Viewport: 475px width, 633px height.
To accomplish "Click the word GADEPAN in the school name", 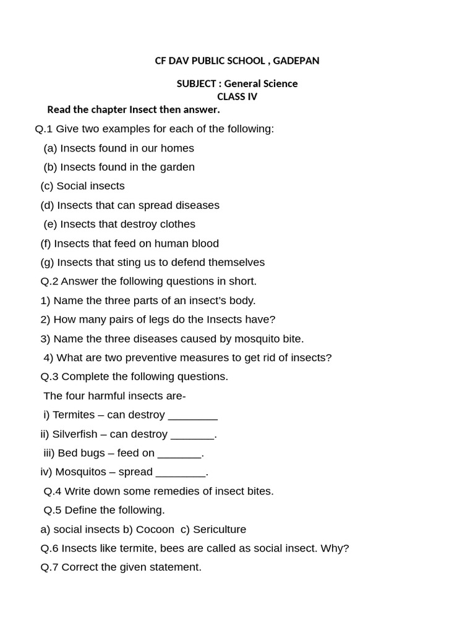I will [296, 61].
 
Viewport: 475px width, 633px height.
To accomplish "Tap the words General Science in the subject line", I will [260, 83].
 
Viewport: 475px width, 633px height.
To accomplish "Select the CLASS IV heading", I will [237, 96].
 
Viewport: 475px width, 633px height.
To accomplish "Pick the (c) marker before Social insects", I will [47, 186].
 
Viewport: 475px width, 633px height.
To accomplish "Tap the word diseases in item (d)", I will [197, 205].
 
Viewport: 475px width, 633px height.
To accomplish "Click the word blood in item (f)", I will [204, 244].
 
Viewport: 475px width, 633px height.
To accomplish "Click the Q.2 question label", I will [49, 281].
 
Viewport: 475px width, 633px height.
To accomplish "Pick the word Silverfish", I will [73, 435].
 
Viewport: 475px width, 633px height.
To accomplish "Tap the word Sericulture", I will [219, 530].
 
